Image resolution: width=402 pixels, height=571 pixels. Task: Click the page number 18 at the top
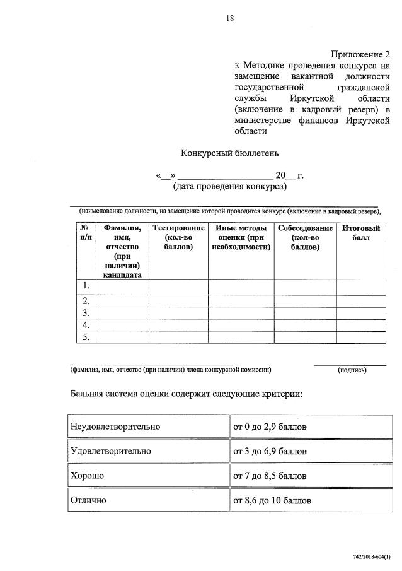(x=230, y=18)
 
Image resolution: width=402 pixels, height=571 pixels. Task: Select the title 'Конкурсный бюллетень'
(x=229, y=153)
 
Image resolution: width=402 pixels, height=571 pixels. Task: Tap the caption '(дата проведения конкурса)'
(x=229, y=187)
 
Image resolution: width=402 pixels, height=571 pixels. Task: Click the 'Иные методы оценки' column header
(x=241, y=237)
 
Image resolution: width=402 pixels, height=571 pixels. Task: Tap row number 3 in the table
(x=85, y=313)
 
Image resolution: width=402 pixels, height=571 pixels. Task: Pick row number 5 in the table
(x=85, y=338)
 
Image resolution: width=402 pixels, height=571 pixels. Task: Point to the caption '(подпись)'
(x=352, y=370)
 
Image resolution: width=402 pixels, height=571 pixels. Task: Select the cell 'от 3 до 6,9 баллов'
(x=270, y=451)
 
